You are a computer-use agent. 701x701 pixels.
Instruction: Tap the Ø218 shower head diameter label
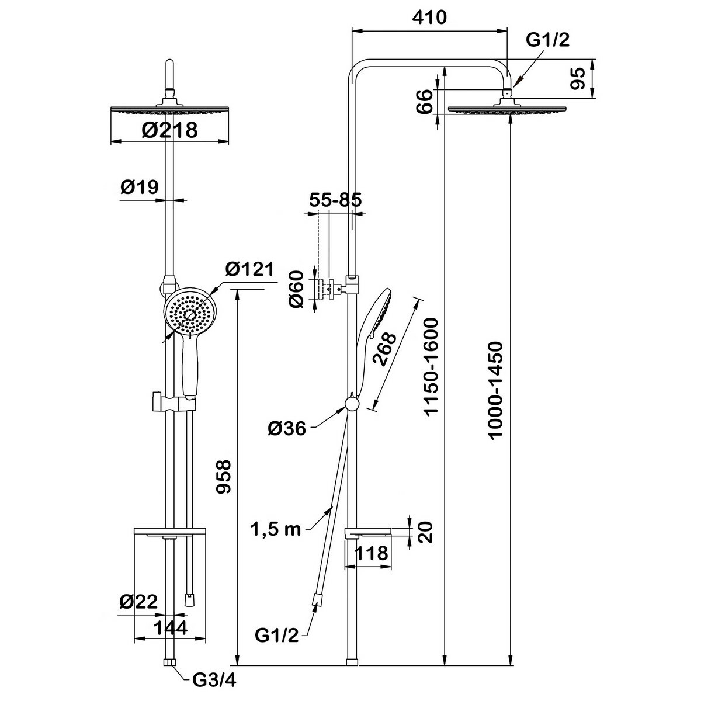tap(170, 129)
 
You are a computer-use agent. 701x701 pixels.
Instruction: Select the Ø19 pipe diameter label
tap(140, 187)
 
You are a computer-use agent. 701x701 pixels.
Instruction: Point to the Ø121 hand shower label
tap(249, 270)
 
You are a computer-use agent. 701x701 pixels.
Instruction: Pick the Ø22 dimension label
tap(138, 602)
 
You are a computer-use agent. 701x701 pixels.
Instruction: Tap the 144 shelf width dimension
tap(171, 627)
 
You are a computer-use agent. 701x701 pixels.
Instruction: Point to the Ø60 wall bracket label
tap(296, 288)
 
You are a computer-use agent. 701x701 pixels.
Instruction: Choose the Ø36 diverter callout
tap(287, 429)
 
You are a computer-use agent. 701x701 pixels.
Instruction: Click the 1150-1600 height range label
tap(431, 366)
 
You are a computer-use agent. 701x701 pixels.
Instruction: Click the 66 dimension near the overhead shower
tap(425, 100)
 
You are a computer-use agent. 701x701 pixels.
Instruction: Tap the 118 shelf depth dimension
tap(372, 553)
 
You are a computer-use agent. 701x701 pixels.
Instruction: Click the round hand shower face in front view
tap(190, 313)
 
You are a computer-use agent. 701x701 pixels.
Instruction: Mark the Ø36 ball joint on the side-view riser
tap(351, 404)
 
